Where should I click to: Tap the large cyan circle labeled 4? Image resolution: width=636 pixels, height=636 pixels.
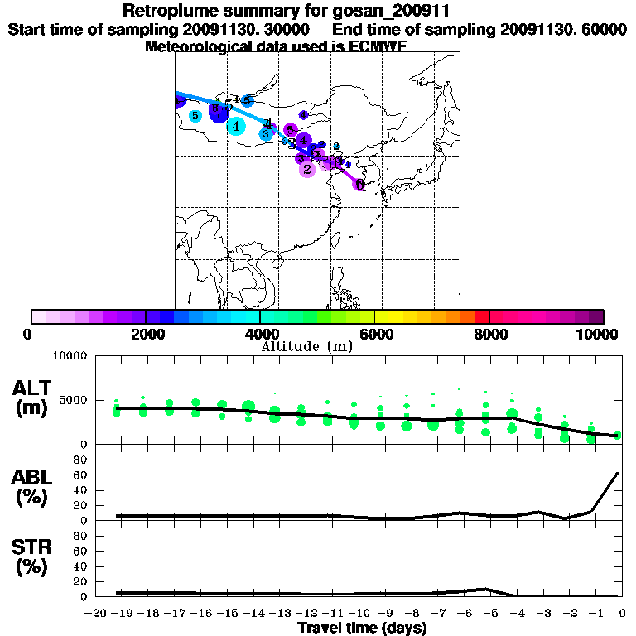[236, 126]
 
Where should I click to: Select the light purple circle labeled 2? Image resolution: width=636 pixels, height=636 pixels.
[307, 169]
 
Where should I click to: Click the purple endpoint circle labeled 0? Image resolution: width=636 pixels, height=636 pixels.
[359, 184]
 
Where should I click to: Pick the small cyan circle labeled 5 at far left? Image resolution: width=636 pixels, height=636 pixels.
[195, 116]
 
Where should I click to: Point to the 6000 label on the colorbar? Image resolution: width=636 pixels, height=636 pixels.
[375, 334]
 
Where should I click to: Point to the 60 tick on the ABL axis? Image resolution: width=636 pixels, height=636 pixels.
[81, 475]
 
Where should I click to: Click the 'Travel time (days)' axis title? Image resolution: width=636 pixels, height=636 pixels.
[362, 628]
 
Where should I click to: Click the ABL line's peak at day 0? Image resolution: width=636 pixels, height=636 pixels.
[618, 473]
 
